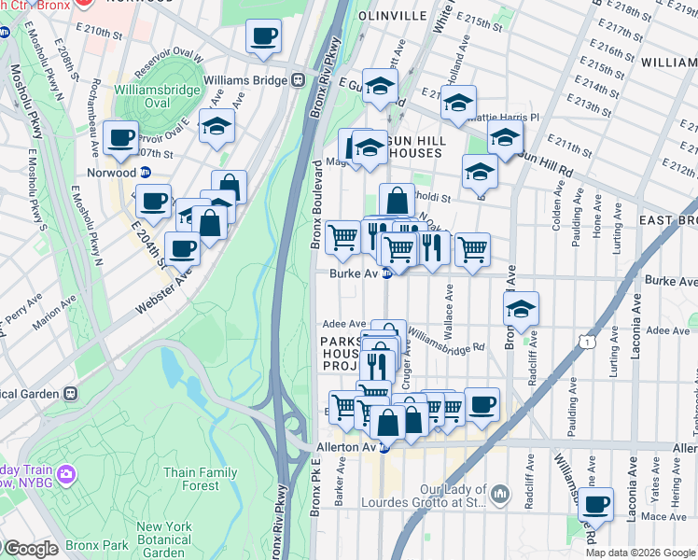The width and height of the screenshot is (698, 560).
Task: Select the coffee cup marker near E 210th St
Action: [263, 37]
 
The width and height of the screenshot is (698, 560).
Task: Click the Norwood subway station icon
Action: [146, 172]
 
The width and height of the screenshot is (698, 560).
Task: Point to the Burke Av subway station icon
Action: [386, 273]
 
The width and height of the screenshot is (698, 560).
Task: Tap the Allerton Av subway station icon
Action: [384, 448]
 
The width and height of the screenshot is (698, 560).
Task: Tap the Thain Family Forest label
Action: [193, 479]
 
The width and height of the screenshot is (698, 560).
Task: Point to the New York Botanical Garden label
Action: [163, 539]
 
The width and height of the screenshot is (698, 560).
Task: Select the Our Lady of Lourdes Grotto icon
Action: [500, 492]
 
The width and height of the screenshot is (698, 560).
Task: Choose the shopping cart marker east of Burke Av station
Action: [472, 249]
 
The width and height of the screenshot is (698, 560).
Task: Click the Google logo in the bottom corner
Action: [30, 549]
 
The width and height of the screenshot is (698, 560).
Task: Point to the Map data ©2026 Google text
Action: [639, 553]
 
